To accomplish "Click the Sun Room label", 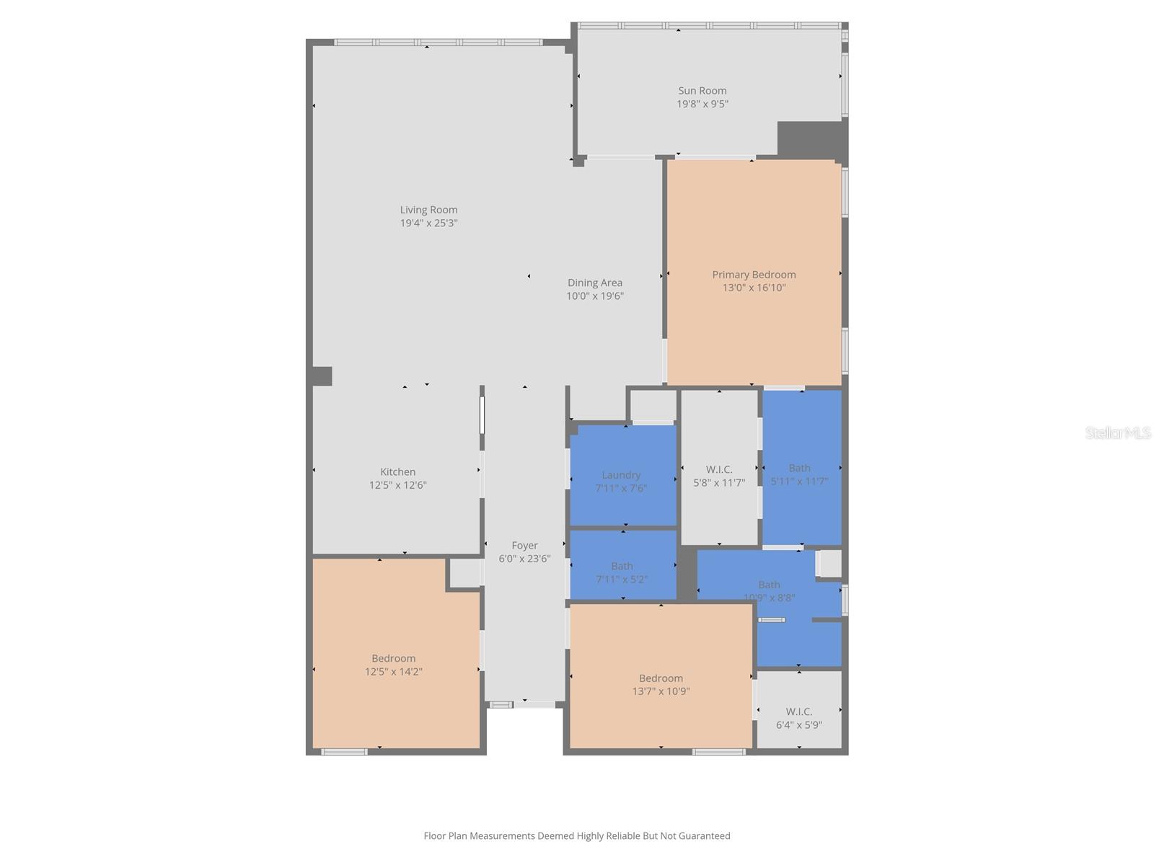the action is [x=702, y=91].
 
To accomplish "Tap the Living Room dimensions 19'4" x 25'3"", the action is [x=428, y=223].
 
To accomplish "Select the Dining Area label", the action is [x=594, y=283].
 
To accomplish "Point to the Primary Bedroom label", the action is [x=754, y=275].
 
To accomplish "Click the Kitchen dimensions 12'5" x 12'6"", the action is [x=397, y=484].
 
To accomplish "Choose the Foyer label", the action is [x=524, y=545].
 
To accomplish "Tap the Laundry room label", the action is [x=621, y=475].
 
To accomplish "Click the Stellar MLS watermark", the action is [x=1118, y=432].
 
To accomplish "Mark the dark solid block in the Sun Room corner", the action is [x=811, y=140].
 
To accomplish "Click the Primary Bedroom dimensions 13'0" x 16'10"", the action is [x=754, y=288].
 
